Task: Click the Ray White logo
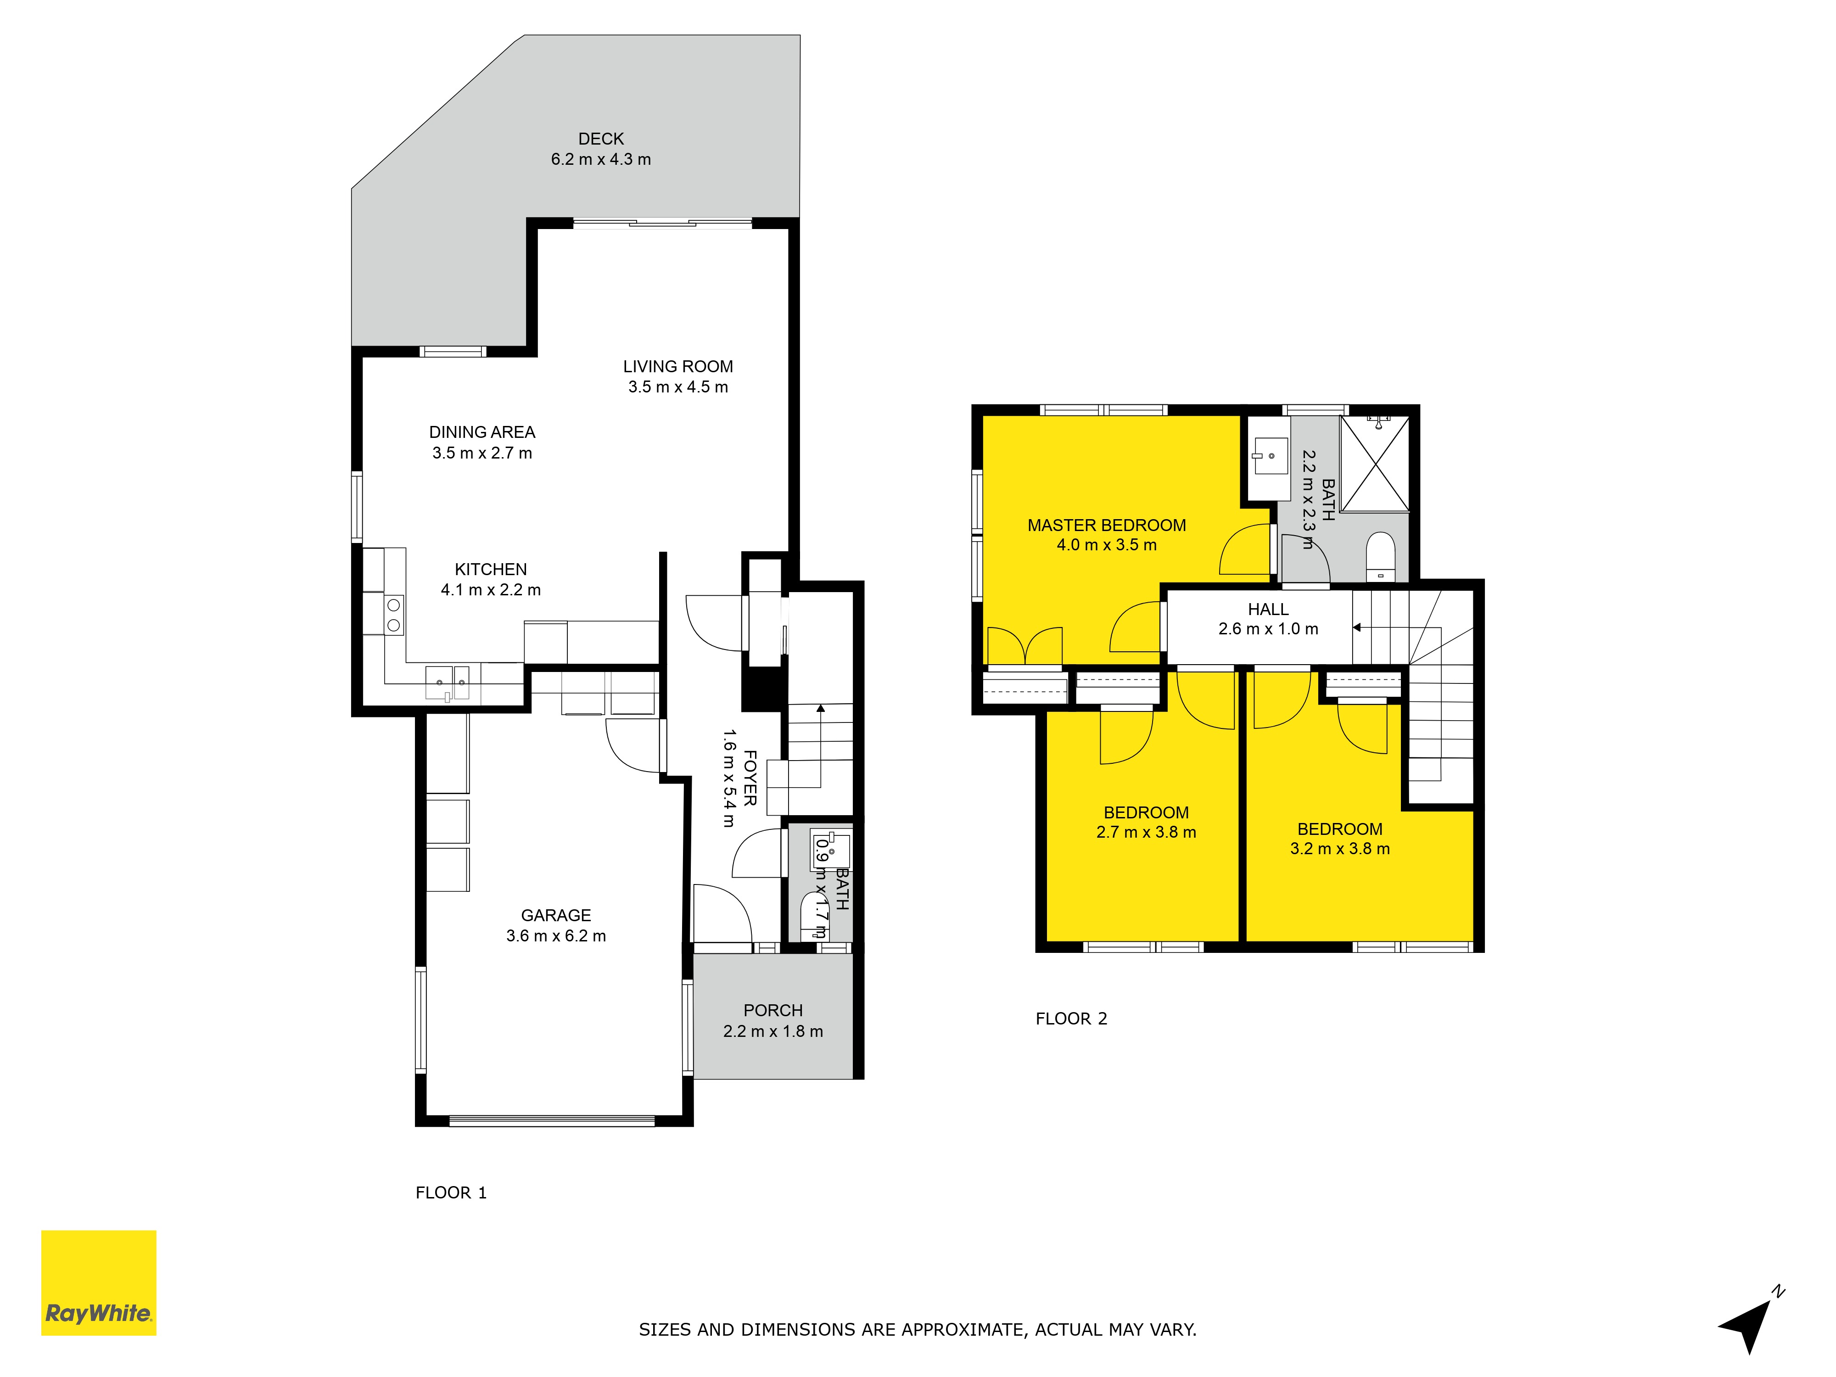[x=99, y=1282]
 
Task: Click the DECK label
[x=601, y=139]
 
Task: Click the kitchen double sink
[x=448, y=682]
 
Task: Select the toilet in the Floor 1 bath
[x=812, y=916]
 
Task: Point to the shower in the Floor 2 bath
[x=1375, y=463]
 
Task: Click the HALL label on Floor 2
[x=1268, y=609]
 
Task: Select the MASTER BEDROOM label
[x=1106, y=525]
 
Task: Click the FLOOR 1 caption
[x=451, y=1193]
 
